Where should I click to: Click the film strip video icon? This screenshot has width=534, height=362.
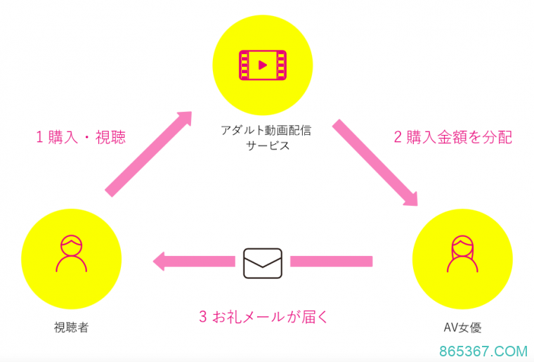tap(263, 65)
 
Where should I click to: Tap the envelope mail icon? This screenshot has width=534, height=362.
tap(262, 262)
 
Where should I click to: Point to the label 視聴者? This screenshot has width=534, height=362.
tap(72, 327)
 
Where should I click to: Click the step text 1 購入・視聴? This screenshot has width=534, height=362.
tap(81, 138)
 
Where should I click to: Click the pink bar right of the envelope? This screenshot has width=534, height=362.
tap(331, 261)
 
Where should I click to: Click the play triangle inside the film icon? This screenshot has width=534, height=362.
tap(263, 65)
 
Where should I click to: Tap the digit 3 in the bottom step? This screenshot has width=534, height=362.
tap(203, 317)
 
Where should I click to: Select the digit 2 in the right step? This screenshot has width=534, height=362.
tap(398, 138)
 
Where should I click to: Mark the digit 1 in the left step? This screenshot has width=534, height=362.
tap(40, 138)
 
